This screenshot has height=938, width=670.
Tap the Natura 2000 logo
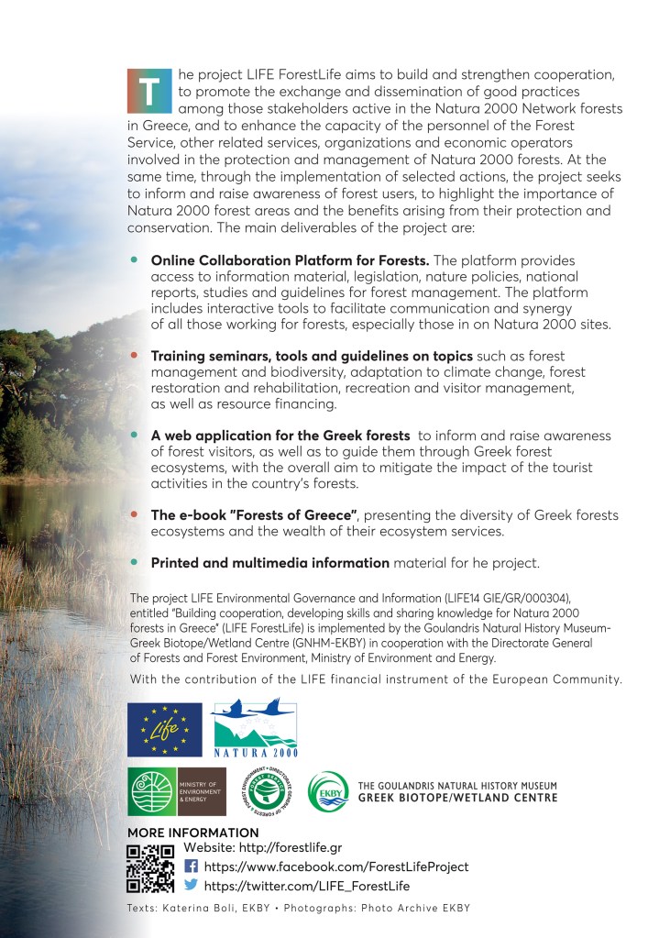[254, 730]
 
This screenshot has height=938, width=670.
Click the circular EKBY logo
[327, 792]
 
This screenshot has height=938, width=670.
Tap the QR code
[150, 866]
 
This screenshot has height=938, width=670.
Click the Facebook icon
[192, 866]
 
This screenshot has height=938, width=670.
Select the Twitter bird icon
[192, 886]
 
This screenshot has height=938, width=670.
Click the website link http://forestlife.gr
[263, 847]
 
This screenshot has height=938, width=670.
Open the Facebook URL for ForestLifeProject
[335, 866]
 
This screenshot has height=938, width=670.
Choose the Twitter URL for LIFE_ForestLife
[306, 886]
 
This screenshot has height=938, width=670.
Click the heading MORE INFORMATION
[193, 832]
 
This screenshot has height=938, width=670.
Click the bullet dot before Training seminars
[134, 355]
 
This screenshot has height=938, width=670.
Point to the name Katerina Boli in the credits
[194, 908]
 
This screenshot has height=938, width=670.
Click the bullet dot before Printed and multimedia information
[134, 561]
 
